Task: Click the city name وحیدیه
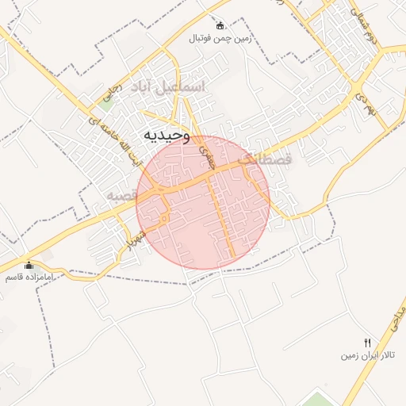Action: point(167,136)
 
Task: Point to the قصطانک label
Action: point(265,159)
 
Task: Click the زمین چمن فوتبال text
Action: point(220,37)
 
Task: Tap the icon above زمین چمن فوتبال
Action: point(220,25)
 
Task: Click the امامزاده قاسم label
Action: point(29,278)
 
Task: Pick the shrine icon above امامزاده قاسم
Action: point(29,265)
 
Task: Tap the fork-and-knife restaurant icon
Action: point(366,342)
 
